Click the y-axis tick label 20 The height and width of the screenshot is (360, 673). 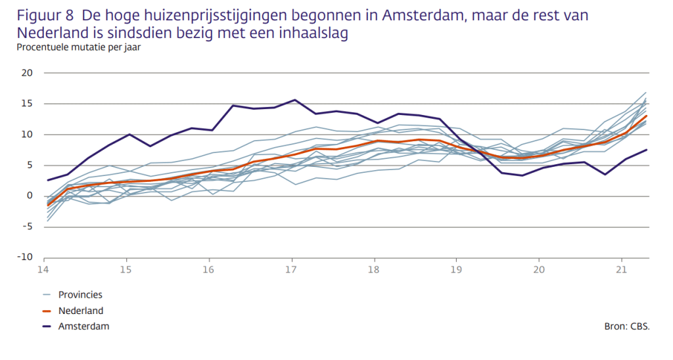[x=27, y=73]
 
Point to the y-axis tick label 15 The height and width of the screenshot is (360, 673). [x=27, y=104]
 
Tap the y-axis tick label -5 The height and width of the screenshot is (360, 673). [x=27, y=227]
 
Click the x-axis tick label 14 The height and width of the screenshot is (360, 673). [x=43, y=269]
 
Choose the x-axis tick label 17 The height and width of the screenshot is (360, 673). [x=292, y=269]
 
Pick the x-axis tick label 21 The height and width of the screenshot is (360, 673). [x=622, y=269]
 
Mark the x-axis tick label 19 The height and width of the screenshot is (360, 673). [x=457, y=269]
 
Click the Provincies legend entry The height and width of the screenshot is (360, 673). [x=80, y=295]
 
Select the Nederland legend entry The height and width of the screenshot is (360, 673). [x=81, y=311]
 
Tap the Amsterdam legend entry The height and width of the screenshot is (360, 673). [x=83, y=326]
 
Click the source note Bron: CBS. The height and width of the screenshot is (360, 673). [x=626, y=326]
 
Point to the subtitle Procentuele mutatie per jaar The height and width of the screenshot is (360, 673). [x=79, y=47]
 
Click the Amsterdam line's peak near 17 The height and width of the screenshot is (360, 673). [x=294, y=100]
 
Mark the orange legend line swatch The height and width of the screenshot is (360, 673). [x=47, y=311]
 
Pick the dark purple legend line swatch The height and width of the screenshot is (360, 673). [x=47, y=326]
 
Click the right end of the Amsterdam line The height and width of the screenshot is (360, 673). [x=647, y=150]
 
